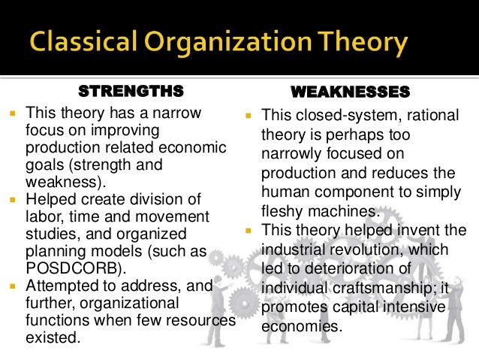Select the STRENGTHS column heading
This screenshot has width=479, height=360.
tap(131, 92)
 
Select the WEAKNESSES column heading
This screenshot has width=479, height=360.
tap(349, 92)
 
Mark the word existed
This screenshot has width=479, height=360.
tap(52, 338)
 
